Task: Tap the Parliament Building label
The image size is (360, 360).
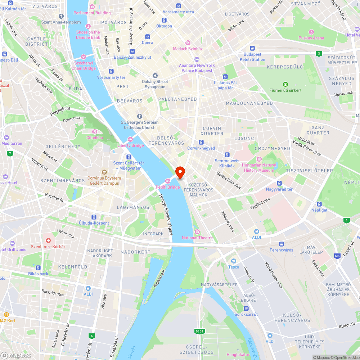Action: pyautogui.click(x=92, y=13)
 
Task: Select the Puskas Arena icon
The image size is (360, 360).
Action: pyautogui.click(x=311, y=32)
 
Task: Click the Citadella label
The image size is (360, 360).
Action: pyautogui.click(x=95, y=137)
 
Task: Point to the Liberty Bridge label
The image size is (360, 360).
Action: pyautogui.click(x=130, y=145)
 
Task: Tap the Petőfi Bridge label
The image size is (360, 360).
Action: pyautogui.click(x=168, y=187)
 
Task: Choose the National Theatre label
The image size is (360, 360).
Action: pyautogui.click(x=197, y=238)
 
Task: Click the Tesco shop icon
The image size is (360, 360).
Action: pyautogui.click(x=234, y=261)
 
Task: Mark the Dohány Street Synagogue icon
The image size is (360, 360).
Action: pyautogui.click(x=155, y=76)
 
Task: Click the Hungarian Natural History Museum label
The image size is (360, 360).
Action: pyautogui.click(x=259, y=168)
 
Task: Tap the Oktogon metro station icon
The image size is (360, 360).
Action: pyautogui.click(x=164, y=20)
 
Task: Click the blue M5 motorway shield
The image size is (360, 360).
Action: pyautogui.click(x=337, y=256)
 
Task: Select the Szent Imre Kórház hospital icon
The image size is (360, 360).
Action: pyautogui.click(x=48, y=240)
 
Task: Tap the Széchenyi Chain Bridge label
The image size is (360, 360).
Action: pyautogui.click(x=84, y=66)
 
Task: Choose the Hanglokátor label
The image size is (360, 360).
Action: pyautogui.click(x=238, y=355)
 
